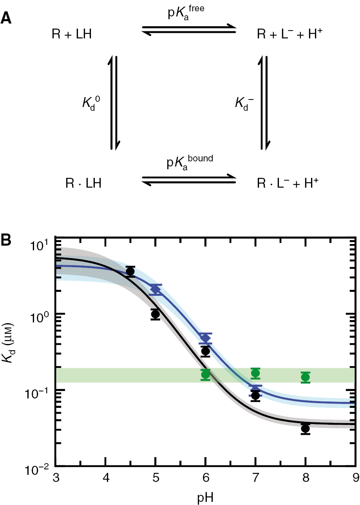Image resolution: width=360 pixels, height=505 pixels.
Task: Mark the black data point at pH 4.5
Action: pos(130,272)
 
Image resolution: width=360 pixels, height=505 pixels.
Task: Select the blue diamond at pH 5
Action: pos(156,290)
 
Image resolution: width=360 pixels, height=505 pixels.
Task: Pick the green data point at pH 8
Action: pos(306,377)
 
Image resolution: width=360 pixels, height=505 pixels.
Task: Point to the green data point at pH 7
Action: pos(255,373)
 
